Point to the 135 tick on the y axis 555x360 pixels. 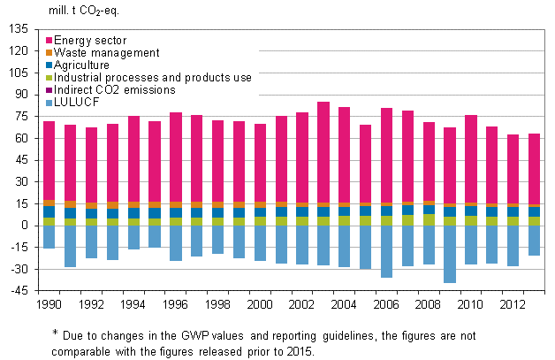pos(19,29)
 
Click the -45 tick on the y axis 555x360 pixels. pos(19,291)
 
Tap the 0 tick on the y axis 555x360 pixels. pos(25,226)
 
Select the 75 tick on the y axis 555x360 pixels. pos(21,117)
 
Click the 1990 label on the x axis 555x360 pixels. pos(49,305)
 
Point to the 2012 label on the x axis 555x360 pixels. pos(513,305)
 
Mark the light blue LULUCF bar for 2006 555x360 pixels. pos(386,251)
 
